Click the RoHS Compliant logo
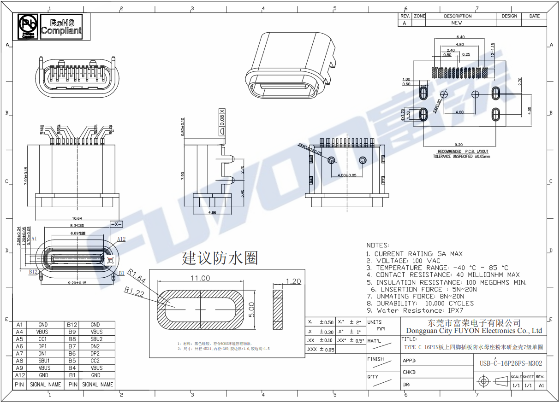tap(61, 27)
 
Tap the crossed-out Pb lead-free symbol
tap(28, 26)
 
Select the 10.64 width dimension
tap(77, 218)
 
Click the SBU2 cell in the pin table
tap(96, 339)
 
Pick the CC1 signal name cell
tap(43, 339)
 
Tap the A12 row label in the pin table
tap(19, 375)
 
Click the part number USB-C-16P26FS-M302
tap(511, 363)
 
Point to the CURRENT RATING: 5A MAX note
tap(414, 254)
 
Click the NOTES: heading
tap(377, 245)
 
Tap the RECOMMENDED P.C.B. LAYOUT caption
tap(463, 152)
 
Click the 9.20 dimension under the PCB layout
tap(459, 145)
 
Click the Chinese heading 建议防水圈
tap(220, 258)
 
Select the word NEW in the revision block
tap(456, 23)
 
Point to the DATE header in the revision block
tap(534, 16)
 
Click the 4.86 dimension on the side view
tap(212, 212)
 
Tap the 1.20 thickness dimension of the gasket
tap(293, 281)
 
